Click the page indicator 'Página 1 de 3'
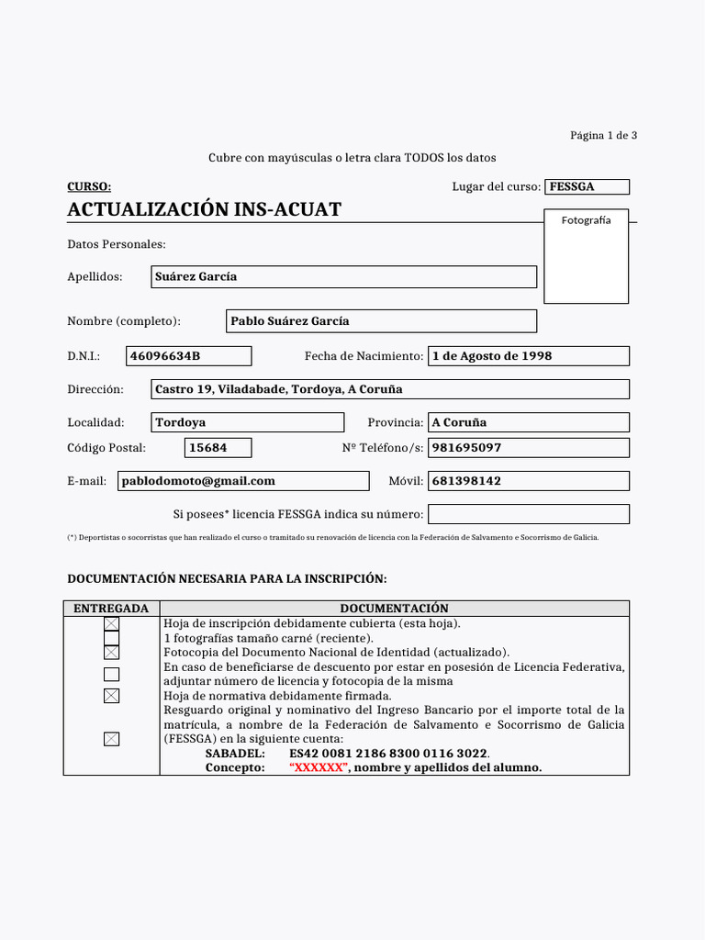tap(603, 135)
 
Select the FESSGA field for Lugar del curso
tap(587, 187)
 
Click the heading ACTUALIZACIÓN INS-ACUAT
tap(204, 209)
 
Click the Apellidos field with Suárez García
tap(343, 276)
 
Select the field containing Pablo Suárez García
tap(381, 321)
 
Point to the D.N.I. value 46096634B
tap(188, 356)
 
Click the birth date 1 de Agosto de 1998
tap(528, 356)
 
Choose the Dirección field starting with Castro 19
tap(390, 389)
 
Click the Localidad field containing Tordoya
tap(247, 422)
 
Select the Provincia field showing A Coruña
tap(528, 422)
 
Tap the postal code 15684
tap(218, 448)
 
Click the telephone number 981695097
tap(528, 448)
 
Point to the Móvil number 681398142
tap(528, 481)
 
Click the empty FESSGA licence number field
tap(528, 514)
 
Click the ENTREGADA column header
tap(111, 609)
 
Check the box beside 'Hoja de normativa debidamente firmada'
tap(111, 696)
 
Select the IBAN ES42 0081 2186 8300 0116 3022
tap(388, 754)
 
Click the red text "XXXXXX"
tap(319, 768)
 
